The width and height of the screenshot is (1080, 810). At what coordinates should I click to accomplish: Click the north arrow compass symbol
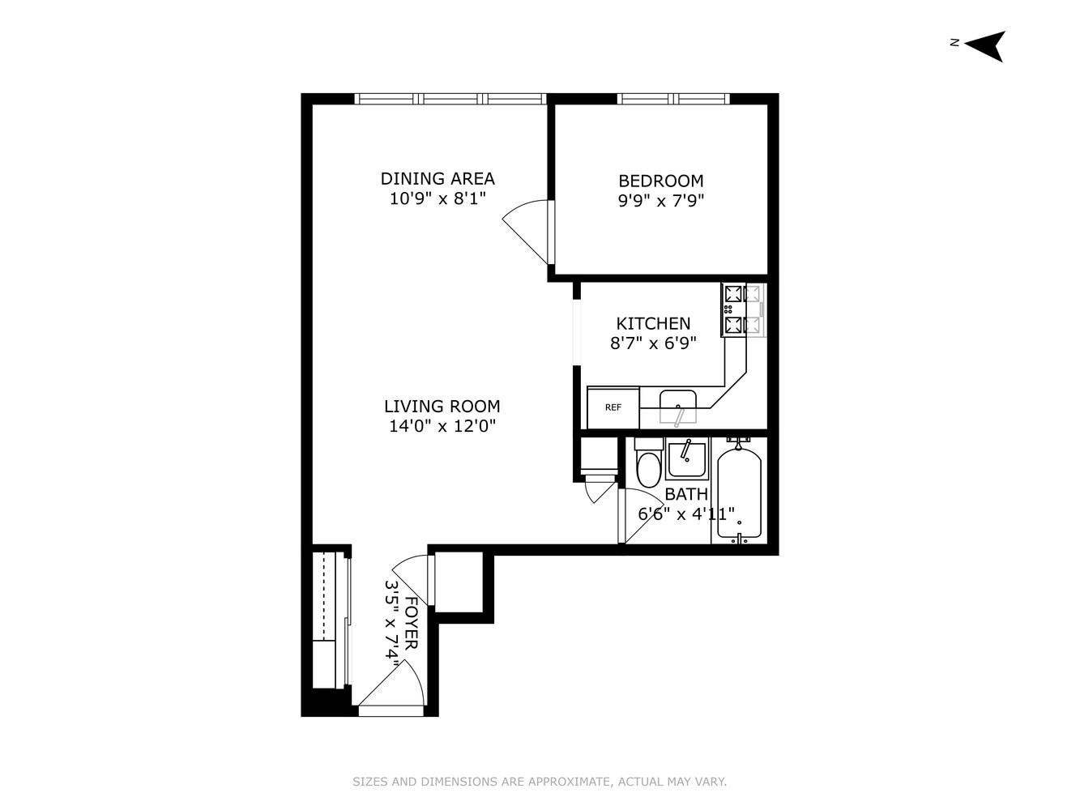985,45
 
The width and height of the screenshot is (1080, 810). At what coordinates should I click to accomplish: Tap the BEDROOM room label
660,181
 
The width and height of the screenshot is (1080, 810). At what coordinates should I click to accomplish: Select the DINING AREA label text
438,178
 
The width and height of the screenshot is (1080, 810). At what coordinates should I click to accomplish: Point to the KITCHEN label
653,323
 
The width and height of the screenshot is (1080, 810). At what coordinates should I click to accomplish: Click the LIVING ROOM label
442,407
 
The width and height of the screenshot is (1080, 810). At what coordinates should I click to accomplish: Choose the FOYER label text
411,623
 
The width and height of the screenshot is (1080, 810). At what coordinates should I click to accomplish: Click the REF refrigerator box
613,407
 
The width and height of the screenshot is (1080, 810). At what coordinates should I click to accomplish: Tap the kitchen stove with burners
742,309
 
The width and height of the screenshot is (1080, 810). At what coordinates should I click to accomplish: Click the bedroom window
673,99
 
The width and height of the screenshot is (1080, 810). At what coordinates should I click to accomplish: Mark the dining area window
450,99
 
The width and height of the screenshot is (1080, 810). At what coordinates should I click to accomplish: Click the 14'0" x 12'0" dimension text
442,426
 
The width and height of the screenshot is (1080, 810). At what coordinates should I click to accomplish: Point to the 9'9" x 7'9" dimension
660,200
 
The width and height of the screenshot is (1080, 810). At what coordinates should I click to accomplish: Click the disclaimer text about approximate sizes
540,782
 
